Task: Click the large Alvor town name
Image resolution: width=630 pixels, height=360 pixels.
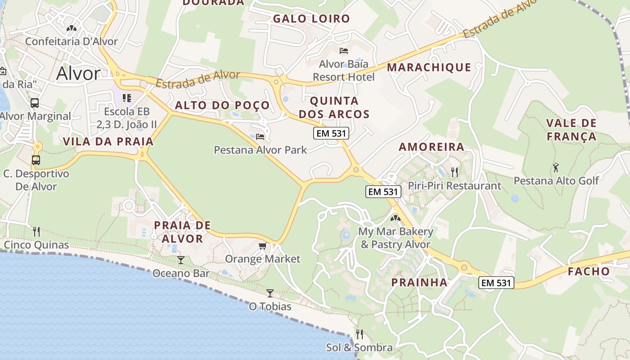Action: click(x=78, y=73)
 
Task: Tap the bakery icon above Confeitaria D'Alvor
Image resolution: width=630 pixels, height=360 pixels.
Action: click(x=71, y=28)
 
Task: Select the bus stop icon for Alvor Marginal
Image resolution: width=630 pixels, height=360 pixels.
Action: click(x=35, y=103)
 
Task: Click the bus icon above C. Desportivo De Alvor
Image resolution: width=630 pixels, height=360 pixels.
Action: click(x=36, y=160)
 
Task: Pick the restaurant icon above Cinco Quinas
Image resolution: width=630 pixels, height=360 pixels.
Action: click(x=36, y=232)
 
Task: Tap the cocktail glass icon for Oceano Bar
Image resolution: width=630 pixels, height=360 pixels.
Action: click(x=180, y=260)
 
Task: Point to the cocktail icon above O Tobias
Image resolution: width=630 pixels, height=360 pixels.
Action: click(x=270, y=293)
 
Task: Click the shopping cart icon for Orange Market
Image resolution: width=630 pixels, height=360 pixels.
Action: click(x=262, y=246)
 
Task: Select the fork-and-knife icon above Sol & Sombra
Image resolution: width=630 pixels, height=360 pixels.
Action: click(x=360, y=334)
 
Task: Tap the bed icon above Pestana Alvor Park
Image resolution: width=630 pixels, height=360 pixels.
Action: click(x=260, y=136)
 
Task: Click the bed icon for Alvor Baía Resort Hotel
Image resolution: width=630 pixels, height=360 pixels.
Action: click(x=344, y=50)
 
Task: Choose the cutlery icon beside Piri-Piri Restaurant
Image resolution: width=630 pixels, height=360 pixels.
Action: click(x=454, y=172)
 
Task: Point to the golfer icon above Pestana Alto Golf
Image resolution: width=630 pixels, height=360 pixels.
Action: click(x=556, y=167)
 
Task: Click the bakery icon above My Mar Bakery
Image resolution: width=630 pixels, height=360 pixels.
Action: click(x=396, y=218)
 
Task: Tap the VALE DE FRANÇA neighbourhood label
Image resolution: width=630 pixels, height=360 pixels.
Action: click(x=571, y=130)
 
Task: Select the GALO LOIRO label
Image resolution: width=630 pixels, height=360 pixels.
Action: click(x=311, y=18)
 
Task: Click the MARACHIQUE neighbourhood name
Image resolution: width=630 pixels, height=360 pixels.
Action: click(x=429, y=67)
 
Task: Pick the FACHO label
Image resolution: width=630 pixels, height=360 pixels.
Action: click(x=589, y=271)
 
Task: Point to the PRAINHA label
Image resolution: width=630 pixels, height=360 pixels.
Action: click(x=419, y=283)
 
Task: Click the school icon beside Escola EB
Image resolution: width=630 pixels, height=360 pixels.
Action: click(x=127, y=98)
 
